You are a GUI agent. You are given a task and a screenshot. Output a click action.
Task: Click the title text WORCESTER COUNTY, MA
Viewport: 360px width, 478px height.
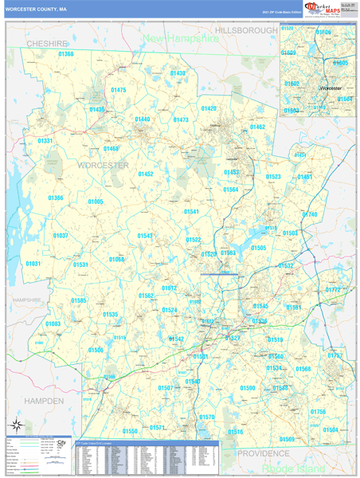click(x=37, y=10)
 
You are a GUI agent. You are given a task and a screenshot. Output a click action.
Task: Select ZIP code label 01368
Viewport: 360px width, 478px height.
click(x=66, y=54)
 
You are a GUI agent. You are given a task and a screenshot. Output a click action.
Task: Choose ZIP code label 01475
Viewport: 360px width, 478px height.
click(x=118, y=91)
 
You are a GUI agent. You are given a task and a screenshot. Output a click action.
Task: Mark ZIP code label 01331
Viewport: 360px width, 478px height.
click(x=45, y=141)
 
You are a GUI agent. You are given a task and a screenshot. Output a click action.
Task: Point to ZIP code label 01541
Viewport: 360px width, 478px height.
click(x=191, y=212)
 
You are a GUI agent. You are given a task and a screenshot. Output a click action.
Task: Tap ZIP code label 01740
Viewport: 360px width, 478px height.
click(x=309, y=215)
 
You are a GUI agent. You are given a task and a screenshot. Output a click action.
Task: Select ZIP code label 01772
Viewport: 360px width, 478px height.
click(x=333, y=290)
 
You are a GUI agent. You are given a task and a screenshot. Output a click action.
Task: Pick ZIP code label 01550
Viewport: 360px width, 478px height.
click(x=130, y=431)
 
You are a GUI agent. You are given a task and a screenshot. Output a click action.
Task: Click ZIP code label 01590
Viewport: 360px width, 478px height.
click(x=248, y=388)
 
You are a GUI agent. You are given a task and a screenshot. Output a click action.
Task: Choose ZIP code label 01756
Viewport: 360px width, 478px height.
click(x=318, y=412)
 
